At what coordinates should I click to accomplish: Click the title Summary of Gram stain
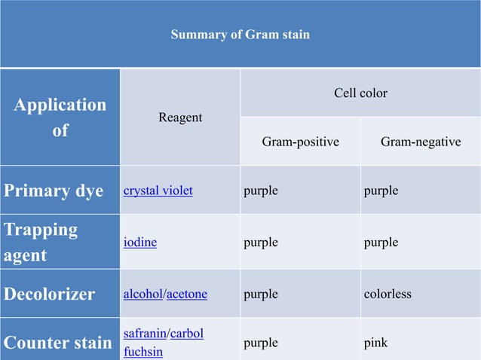(240, 35)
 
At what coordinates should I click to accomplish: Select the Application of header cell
(60, 117)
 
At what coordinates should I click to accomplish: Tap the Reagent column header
(180, 117)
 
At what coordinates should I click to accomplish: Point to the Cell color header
(360, 93)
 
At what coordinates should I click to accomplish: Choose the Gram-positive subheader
(300, 142)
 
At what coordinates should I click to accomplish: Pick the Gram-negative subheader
(421, 142)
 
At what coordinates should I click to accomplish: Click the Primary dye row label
(54, 191)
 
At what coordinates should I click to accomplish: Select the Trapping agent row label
(41, 242)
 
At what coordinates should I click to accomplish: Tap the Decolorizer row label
(50, 294)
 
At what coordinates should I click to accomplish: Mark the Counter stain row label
(57, 343)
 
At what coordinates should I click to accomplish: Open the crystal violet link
(158, 191)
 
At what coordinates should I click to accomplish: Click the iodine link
(140, 243)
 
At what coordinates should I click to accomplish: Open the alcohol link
(143, 294)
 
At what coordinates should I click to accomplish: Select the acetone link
(187, 294)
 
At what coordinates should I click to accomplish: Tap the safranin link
(146, 333)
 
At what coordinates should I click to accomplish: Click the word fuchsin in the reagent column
(142, 352)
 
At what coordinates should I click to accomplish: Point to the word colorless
(388, 294)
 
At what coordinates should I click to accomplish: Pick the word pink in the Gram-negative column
(375, 343)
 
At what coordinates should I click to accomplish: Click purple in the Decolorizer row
(261, 294)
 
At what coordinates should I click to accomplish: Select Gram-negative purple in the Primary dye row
(381, 191)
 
